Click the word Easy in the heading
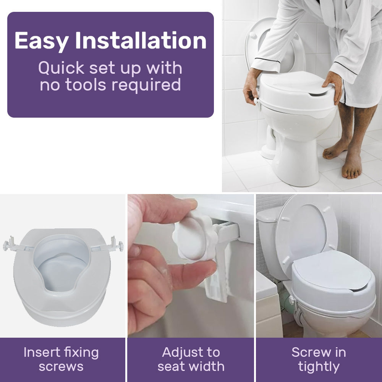41,40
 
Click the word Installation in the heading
141,40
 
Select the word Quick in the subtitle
61,68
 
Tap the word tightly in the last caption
319,367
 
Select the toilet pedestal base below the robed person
296,164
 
